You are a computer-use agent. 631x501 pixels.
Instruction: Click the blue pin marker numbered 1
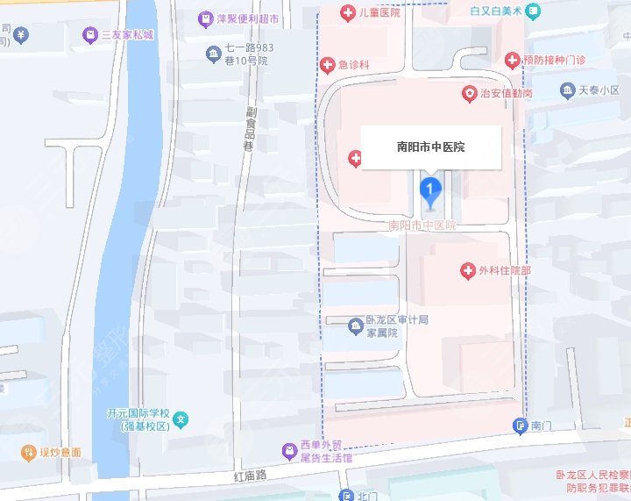point(430,189)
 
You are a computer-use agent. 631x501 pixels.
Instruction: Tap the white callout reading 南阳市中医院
point(431,147)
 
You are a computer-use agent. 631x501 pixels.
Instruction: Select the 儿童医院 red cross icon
point(347,12)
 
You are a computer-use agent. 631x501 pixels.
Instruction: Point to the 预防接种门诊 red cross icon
point(513,59)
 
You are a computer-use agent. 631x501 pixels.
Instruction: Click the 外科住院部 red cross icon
point(467,270)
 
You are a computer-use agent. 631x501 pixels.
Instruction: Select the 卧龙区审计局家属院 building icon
point(356,326)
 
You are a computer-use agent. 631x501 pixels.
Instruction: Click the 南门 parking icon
point(520,426)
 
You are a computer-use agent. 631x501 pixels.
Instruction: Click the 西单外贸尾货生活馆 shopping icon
point(288,452)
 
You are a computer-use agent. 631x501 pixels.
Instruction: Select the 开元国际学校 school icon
point(181,419)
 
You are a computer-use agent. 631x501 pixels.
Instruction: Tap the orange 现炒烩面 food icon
point(28,453)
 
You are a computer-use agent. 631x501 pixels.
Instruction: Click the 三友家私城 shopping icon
point(89,35)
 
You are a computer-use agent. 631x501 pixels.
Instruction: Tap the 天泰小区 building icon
point(566,90)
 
